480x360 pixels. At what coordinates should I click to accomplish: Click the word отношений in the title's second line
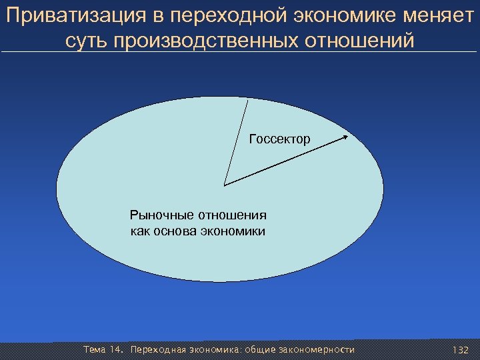coord(361,41)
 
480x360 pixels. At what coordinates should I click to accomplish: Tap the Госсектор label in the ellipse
coord(279,139)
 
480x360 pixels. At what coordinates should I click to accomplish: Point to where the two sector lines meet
coord(225,185)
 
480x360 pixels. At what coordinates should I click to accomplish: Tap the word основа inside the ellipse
coord(175,231)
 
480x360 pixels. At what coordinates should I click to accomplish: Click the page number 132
coord(460,350)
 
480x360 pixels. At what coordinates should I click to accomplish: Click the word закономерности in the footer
coord(317,350)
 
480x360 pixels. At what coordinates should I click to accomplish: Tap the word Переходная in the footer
coord(159,350)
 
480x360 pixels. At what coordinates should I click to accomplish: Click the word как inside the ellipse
coord(140,231)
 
